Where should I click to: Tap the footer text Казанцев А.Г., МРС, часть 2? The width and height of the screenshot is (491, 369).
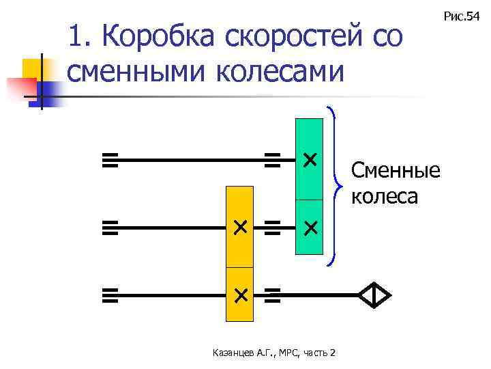tap(273, 353)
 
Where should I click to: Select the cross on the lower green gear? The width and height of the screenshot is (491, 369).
tap(310, 228)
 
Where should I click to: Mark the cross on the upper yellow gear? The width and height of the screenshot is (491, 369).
tap(240, 228)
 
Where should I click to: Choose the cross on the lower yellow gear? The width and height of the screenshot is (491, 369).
tap(240, 295)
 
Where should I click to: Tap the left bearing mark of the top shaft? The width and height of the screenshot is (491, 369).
tap(110, 161)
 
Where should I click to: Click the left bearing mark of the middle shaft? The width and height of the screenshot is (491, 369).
tap(110, 228)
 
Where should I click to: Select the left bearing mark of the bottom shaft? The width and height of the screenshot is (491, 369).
tap(110, 295)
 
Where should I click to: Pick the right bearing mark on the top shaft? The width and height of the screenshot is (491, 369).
tap(273, 161)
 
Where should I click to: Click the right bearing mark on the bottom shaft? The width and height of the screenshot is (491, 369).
tap(273, 295)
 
